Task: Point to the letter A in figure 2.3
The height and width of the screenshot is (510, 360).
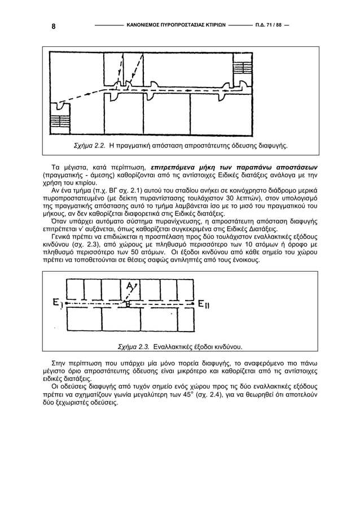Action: coord(131,287)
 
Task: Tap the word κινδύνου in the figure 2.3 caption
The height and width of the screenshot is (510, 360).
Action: coord(226,346)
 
